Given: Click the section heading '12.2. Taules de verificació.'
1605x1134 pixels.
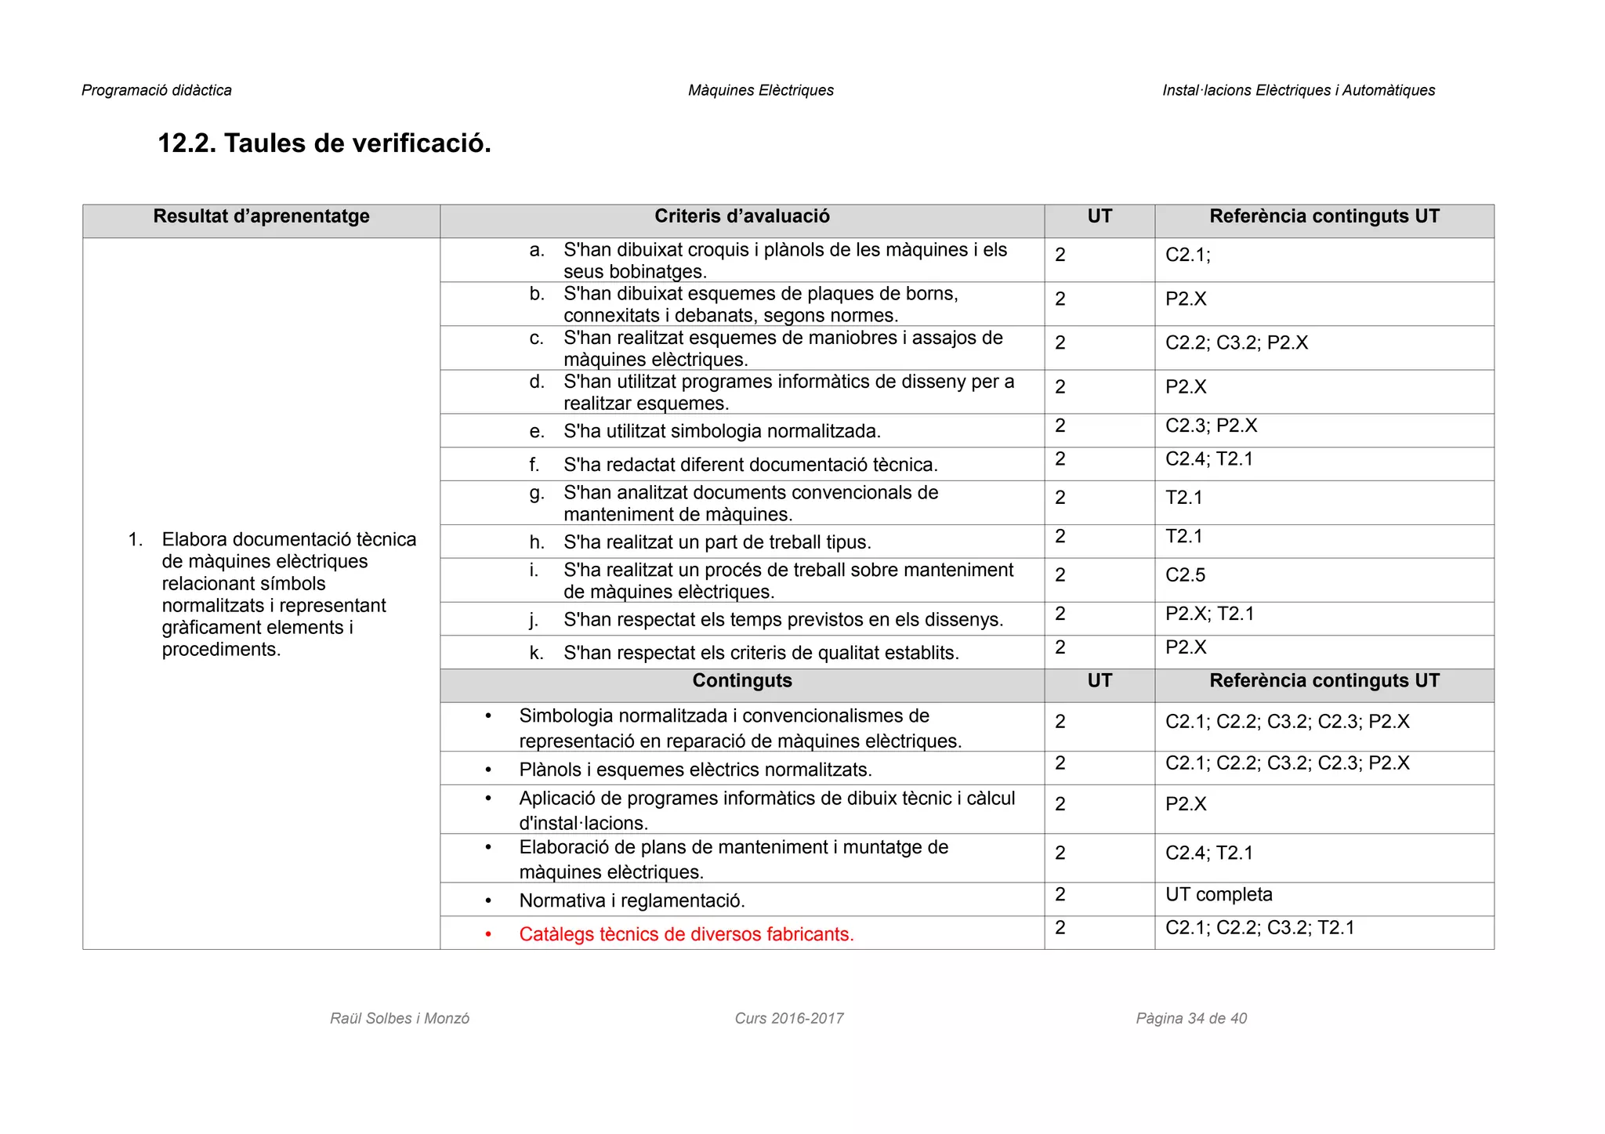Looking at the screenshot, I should click(324, 143).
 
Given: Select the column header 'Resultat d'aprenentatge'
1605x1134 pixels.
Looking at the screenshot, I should click(261, 217).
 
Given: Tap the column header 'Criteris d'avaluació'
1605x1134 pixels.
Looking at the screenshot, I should click(741, 217).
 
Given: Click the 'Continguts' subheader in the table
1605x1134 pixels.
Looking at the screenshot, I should click(741, 681).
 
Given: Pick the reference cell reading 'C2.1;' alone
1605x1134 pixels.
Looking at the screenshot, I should click(1187, 255).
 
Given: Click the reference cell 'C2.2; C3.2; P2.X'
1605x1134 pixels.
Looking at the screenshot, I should click(1236, 343).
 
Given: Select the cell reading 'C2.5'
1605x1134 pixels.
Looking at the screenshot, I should click(1185, 575).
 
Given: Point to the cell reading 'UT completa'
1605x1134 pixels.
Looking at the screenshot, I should click(1219, 895).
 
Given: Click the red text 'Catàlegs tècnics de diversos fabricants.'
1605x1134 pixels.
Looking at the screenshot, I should click(686, 934).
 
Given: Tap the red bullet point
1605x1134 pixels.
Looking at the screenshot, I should click(488, 934).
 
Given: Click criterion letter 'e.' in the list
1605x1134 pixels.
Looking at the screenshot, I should click(536, 432).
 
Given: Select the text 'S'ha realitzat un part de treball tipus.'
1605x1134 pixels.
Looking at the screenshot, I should click(716, 542).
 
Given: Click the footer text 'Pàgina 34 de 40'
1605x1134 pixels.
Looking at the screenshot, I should click(1191, 1019).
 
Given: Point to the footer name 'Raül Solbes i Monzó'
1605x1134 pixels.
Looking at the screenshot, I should click(400, 1019).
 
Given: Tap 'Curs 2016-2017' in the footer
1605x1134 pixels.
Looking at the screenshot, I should click(788, 1019).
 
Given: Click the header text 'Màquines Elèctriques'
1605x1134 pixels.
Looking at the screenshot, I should click(760, 91).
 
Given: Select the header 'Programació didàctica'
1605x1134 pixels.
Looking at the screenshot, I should click(157, 91).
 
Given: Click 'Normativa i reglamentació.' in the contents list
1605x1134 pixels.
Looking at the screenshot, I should click(632, 901).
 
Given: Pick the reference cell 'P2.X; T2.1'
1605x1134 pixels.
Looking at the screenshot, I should click(1209, 614).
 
